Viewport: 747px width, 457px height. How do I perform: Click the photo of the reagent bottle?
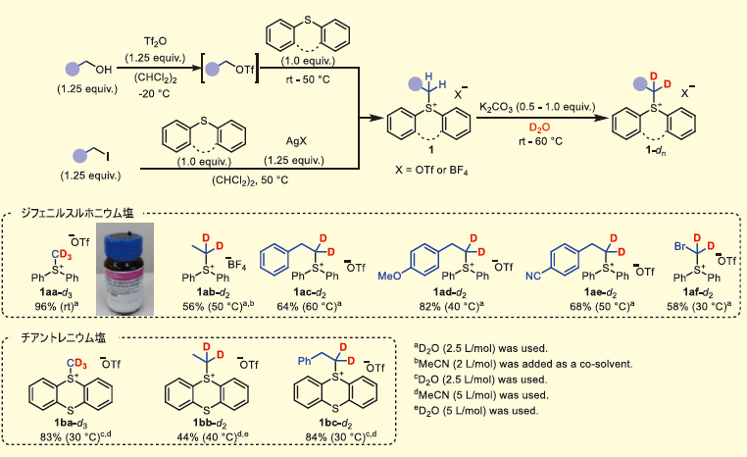coord(132,265)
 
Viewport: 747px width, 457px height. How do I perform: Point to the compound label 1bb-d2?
coord(208,422)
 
